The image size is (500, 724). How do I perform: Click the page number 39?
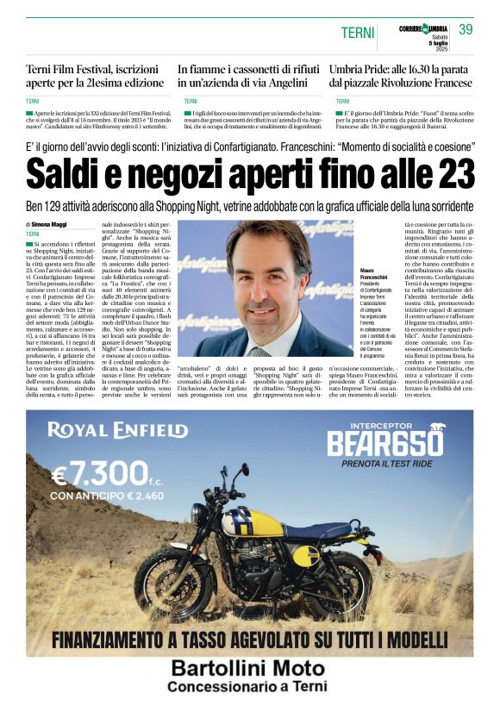pyautogui.click(x=466, y=30)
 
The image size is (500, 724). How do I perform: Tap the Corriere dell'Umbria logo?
pyautogui.click(x=422, y=29)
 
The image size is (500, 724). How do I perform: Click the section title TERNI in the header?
pyautogui.click(x=358, y=33)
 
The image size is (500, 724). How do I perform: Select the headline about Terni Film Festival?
pyautogui.click(x=95, y=75)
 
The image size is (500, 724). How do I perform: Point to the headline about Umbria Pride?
pyautogui.click(x=401, y=75)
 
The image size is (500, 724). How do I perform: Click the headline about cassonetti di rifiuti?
pyautogui.click(x=243, y=75)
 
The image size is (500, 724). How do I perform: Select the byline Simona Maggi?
pyautogui.click(x=53, y=224)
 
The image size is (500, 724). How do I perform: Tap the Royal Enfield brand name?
pyautogui.click(x=117, y=429)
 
